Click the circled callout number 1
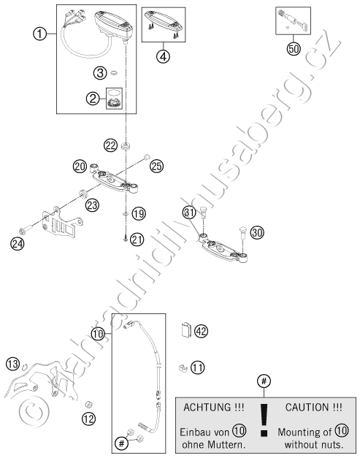39,34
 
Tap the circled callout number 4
164,56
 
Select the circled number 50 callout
294,48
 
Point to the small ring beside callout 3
114,72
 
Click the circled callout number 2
93,99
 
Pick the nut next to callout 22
126,145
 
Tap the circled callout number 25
156,166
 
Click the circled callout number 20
80,167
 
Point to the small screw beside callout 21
126,239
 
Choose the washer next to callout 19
126,214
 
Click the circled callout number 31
190,213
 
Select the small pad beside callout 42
185,329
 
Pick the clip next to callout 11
183,367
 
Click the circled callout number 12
89,419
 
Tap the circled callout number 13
13,364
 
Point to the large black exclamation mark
264,420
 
